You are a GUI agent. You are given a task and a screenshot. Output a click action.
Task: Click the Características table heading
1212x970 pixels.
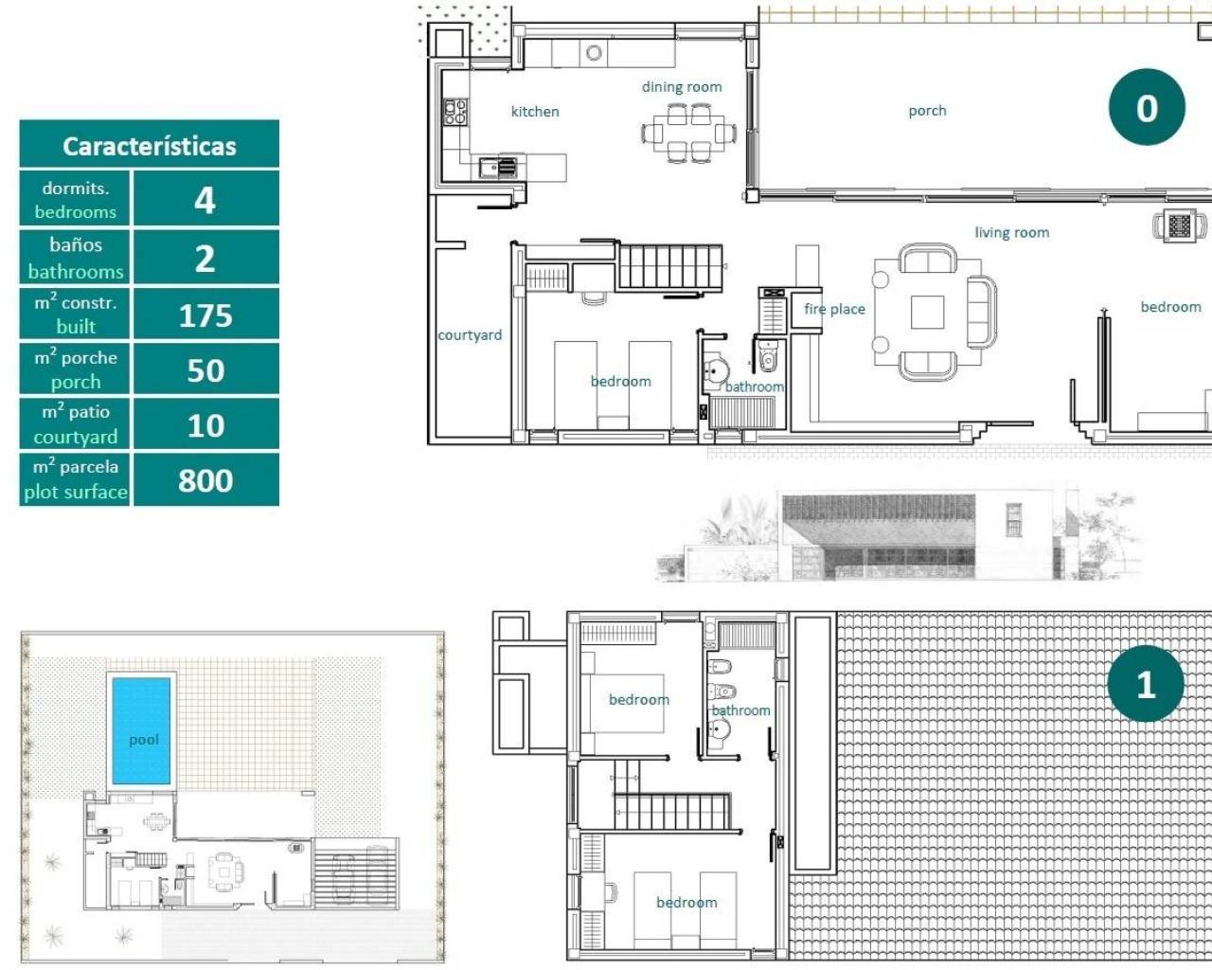(x=150, y=146)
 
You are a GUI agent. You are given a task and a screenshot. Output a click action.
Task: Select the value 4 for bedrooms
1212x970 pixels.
(x=205, y=200)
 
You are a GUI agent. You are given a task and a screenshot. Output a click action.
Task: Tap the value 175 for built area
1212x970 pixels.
(x=205, y=314)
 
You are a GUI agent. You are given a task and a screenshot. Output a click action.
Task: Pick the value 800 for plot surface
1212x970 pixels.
(x=205, y=480)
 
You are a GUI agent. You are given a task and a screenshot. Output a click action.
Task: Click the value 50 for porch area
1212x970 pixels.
(x=205, y=370)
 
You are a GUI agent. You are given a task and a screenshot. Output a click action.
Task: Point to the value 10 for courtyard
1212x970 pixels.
(x=205, y=425)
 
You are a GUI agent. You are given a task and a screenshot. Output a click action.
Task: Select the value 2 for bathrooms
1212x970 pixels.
(x=205, y=258)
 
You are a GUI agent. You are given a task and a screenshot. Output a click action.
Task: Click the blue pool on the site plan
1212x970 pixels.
(x=142, y=729)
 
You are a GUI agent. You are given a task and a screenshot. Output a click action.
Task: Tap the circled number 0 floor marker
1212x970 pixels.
(x=1147, y=108)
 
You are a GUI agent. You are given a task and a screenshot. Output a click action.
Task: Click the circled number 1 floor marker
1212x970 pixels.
(x=1146, y=684)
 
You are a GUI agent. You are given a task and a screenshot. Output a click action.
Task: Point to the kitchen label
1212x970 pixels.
(x=535, y=112)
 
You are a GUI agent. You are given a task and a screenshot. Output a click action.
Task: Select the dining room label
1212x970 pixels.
(x=682, y=87)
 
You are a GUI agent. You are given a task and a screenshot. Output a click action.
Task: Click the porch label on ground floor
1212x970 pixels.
(x=927, y=111)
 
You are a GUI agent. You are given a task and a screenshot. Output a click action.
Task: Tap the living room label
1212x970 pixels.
(x=1011, y=232)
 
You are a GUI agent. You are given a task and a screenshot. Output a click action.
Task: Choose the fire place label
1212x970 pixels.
(x=834, y=309)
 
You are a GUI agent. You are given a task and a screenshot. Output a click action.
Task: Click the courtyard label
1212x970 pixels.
(x=470, y=335)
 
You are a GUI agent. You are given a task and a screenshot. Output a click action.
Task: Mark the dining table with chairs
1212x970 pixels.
(x=689, y=134)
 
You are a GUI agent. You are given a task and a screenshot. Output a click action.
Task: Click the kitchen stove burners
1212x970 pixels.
(x=455, y=113)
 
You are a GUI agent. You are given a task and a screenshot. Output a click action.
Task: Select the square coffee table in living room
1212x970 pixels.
(x=928, y=313)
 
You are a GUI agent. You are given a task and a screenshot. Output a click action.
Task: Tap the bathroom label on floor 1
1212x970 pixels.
(x=740, y=710)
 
